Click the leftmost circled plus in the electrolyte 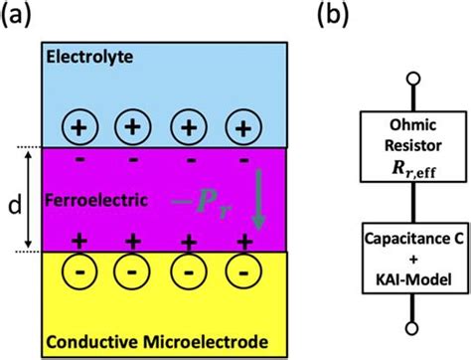(81, 127)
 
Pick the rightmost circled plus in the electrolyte (244, 127)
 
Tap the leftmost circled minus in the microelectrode (81, 272)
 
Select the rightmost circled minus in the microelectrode (244, 272)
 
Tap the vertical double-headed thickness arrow (31, 200)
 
